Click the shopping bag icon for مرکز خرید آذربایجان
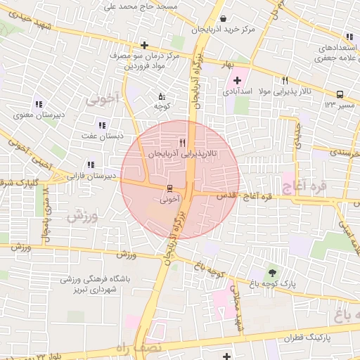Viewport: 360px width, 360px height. tap(223, 19)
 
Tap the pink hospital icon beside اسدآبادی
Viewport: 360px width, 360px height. tap(237, 81)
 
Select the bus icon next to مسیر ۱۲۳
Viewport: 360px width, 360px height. tap(340, 94)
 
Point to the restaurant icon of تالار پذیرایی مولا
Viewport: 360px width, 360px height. tap(285, 81)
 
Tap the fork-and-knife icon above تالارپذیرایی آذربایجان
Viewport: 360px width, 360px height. tap(183, 141)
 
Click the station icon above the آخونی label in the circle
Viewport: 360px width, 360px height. tap(169, 188)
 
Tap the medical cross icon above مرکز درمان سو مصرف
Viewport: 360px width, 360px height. tap(144, 44)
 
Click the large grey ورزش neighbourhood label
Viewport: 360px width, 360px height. tap(81, 217)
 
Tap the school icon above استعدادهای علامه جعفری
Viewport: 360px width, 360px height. tap(348, 37)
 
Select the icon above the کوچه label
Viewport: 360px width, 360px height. tap(162, 96)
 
